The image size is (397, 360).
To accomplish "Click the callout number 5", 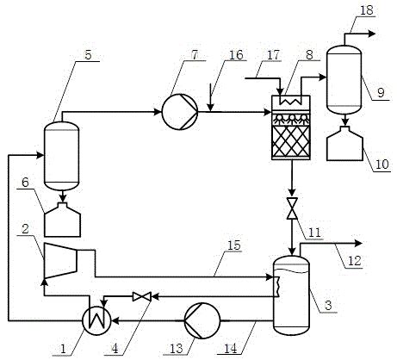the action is [x=88, y=54].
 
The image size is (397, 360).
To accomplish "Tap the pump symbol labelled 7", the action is [x=180, y=112].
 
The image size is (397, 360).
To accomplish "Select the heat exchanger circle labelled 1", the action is [x=96, y=320].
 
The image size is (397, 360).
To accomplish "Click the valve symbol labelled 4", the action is [x=142, y=296].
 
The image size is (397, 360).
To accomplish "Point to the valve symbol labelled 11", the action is [x=292, y=208].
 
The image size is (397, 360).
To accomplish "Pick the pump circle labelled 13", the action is [x=202, y=320].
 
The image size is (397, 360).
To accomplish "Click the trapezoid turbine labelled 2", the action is [x=60, y=261].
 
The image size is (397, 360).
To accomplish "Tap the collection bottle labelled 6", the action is [x=63, y=220].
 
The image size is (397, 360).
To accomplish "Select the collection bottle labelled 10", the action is [x=345, y=144].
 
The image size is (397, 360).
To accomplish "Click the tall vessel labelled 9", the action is [x=344, y=79].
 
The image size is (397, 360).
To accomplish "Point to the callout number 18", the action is [x=367, y=10].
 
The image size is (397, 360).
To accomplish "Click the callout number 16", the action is [x=236, y=54].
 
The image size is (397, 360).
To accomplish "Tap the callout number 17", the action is [x=273, y=54].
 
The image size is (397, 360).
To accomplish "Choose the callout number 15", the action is [x=233, y=245].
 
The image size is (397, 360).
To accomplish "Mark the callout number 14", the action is [x=231, y=349].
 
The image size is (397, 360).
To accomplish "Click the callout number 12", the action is [x=355, y=261].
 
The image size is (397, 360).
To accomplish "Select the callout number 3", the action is [x=328, y=305].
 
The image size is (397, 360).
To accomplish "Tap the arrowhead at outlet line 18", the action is [x=372, y=34].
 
